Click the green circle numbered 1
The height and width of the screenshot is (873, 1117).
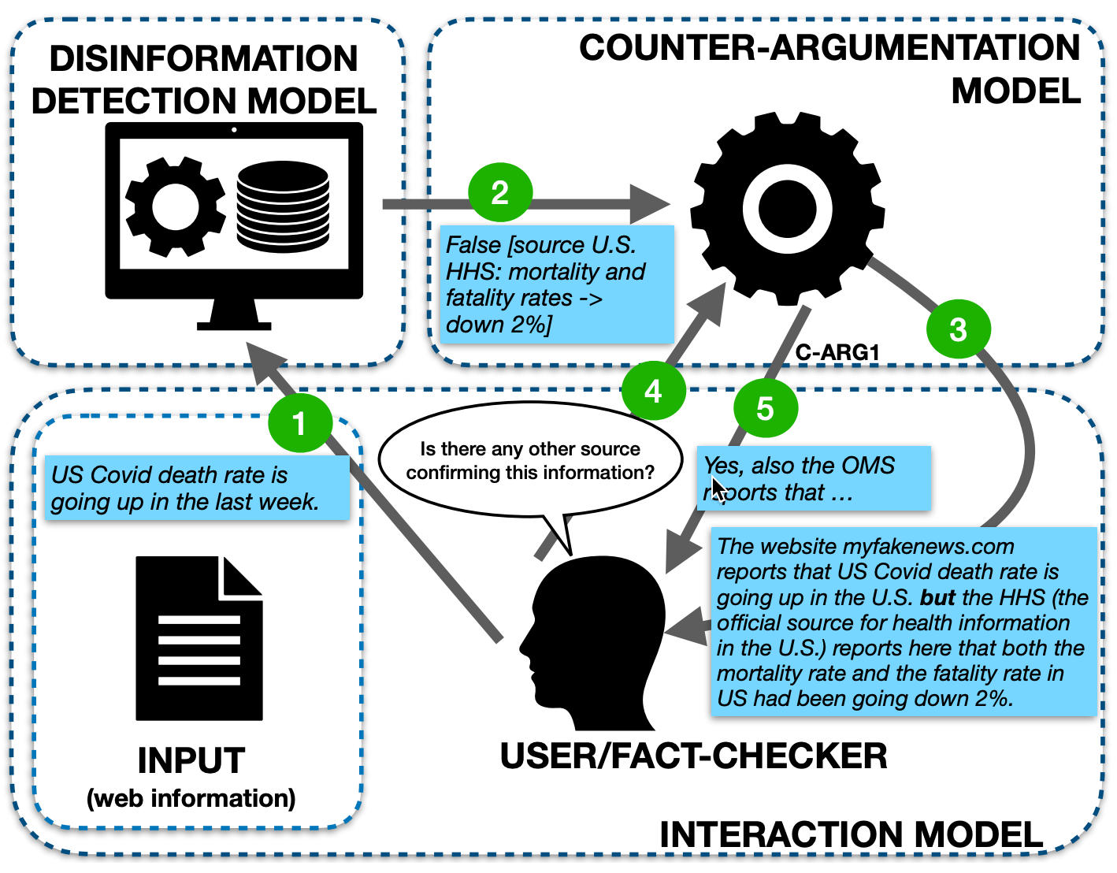click(299, 423)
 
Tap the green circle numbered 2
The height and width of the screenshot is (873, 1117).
click(500, 192)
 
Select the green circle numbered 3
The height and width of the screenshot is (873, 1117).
click(958, 329)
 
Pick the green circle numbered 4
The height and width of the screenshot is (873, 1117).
click(653, 391)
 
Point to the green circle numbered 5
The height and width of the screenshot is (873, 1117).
click(765, 408)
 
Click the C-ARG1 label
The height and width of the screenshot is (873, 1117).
click(837, 352)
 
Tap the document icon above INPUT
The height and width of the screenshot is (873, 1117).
click(199, 638)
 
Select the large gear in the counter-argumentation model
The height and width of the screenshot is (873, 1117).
click(787, 209)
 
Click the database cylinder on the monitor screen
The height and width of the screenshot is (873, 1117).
click(283, 206)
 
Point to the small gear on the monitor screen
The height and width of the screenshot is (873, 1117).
click(175, 206)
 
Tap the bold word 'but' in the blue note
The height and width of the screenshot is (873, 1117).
click(937, 597)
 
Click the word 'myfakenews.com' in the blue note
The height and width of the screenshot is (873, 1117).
click(929, 546)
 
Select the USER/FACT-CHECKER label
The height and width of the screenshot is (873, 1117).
click(693, 756)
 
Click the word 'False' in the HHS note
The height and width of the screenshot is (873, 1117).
click(474, 245)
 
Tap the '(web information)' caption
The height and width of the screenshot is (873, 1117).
click(191, 798)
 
